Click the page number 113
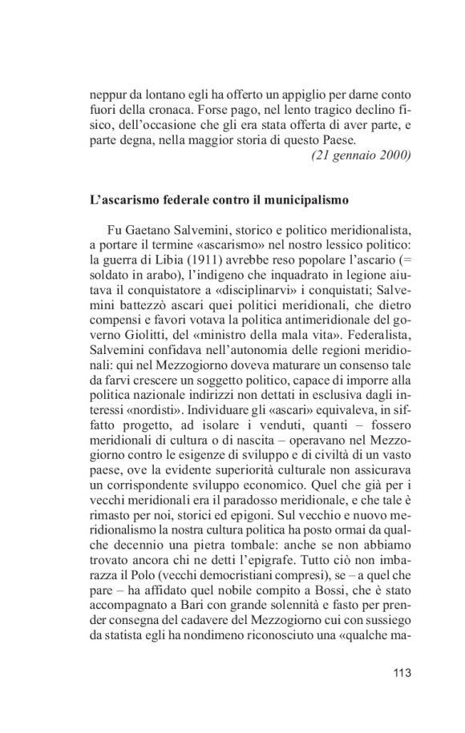(401, 672)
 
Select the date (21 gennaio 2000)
(360, 155)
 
